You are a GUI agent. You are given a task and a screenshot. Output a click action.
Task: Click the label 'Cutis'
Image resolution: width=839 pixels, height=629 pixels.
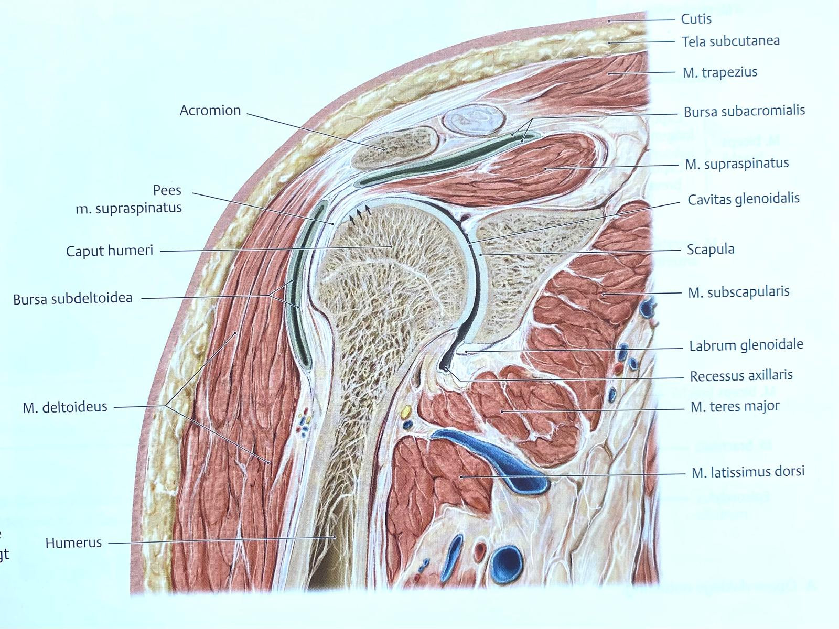[696, 19]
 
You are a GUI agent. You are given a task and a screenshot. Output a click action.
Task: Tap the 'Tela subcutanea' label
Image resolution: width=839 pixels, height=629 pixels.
[730, 41]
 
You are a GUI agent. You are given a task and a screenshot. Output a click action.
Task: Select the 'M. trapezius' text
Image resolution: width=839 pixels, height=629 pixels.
[720, 72]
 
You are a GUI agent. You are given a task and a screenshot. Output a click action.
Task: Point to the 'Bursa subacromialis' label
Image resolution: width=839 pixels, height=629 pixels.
[744, 111]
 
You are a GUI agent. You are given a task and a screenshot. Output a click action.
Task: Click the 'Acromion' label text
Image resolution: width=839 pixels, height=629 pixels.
[210, 111]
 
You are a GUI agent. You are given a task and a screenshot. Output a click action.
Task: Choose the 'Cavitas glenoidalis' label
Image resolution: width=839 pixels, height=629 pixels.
[744, 199]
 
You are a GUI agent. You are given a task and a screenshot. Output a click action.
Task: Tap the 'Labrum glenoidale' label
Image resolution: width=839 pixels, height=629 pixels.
[746, 345]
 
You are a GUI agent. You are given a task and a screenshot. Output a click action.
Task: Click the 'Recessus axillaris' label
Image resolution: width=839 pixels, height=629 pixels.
[741, 375]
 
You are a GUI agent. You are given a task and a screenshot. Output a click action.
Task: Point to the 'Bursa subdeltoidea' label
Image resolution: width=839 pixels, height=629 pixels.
[73, 299]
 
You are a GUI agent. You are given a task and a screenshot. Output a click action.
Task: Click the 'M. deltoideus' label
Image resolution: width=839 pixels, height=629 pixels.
[65, 407]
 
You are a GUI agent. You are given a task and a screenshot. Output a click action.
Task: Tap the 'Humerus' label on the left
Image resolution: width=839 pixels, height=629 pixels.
[73, 543]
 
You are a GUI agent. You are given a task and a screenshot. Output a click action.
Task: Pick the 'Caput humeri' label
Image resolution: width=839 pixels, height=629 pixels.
[110, 251]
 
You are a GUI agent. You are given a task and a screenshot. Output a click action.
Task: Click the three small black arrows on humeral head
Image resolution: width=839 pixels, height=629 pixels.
[360, 213]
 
